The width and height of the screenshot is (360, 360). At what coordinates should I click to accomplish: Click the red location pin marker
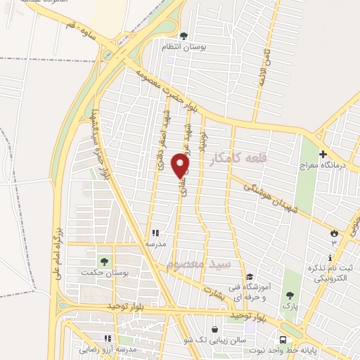click(181, 166)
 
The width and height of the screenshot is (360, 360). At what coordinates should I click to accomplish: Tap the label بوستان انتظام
click(184, 46)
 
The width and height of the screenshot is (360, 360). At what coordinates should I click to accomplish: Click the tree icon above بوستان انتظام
click(184, 36)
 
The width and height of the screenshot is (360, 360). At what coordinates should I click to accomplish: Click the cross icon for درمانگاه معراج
click(323, 154)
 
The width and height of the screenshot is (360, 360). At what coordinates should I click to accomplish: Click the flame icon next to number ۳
click(335, 233)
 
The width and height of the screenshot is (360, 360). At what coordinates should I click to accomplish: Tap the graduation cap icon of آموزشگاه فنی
click(250, 276)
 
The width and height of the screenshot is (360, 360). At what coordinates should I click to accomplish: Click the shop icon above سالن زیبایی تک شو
click(214, 329)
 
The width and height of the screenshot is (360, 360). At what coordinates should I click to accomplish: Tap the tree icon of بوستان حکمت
click(105, 262)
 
